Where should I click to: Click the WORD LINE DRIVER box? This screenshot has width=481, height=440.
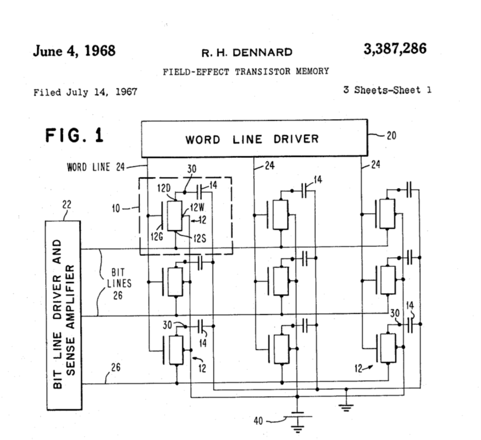pyautogui.click(x=254, y=139)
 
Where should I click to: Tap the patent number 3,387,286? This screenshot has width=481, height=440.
pyautogui.click(x=395, y=49)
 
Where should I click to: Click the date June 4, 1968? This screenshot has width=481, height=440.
pyautogui.click(x=74, y=51)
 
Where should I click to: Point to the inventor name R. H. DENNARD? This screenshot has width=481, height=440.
pyautogui.click(x=247, y=52)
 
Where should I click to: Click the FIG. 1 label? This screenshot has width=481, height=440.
pyautogui.click(x=74, y=136)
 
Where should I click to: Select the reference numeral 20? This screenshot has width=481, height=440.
pyautogui.click(x=391, y=135)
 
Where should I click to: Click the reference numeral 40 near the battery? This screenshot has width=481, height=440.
pyautogui.click(x=259, y=421)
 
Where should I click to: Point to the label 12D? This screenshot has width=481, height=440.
pyautogui.click(x=165, y=190)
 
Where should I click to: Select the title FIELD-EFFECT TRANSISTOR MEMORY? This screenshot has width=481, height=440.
pyautogui.click(x=245, y=71)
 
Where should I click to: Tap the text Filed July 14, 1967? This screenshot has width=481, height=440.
pyautogui.click(x=85, y=92)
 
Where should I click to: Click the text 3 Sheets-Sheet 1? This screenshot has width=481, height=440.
pyautogui.click(x=387, y=90)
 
